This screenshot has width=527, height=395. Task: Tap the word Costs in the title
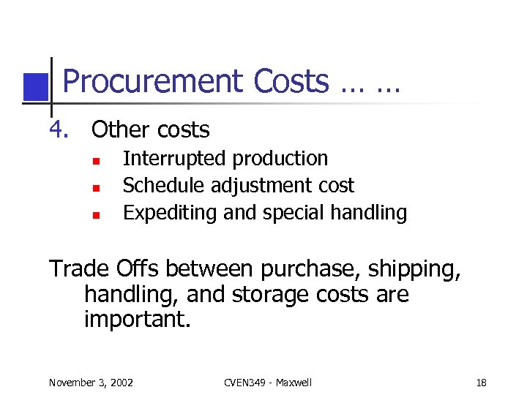click(291, 82)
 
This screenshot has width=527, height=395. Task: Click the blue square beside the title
click(34, 87)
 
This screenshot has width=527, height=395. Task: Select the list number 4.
click(59, 130)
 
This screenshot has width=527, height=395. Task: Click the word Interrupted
click(167, 159)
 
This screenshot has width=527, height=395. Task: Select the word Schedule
click(165, 186)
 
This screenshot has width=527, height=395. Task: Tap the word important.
click(137, 320)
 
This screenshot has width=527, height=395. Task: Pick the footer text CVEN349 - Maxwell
click(269, 383)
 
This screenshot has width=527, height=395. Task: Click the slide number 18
click(481, 383)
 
